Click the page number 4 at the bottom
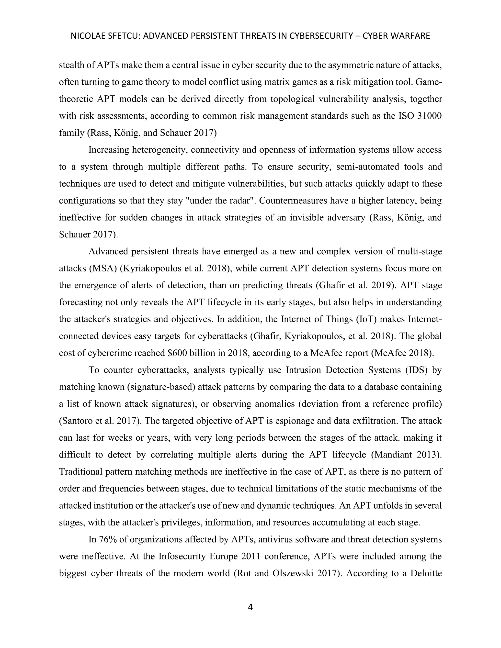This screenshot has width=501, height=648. [x=250, y=607]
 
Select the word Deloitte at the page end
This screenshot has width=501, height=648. [x=426, y=573]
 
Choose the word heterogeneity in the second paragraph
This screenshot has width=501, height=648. [x=159, y=150]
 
